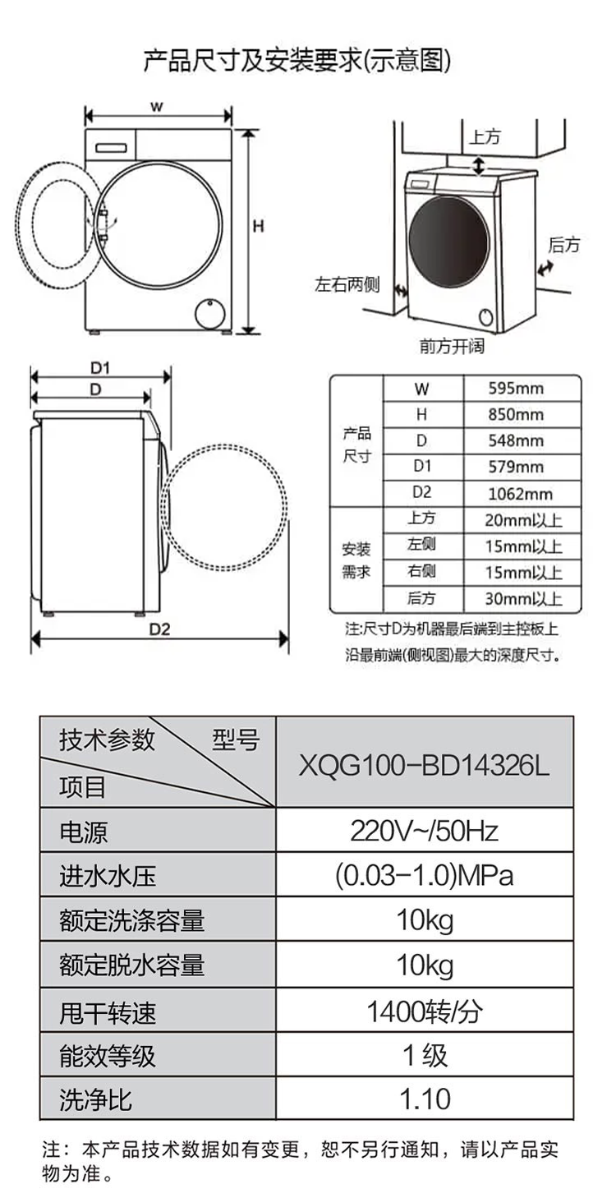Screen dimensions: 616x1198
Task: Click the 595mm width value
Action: click(516, 389)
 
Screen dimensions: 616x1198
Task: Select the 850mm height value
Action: click(516, 414)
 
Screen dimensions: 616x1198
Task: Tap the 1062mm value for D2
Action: click(520, 494)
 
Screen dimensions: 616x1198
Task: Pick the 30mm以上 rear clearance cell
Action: click(523, 598)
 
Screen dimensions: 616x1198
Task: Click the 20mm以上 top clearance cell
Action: click(523, 520)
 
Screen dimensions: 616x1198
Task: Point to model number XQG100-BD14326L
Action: click(424, 765)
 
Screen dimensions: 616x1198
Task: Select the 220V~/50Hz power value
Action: click(424, 831)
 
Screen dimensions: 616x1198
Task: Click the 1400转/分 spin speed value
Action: click(424, 1011)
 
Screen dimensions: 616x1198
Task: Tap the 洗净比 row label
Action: click(96, 1100)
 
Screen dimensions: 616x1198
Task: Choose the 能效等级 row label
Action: click(108, 1056)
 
